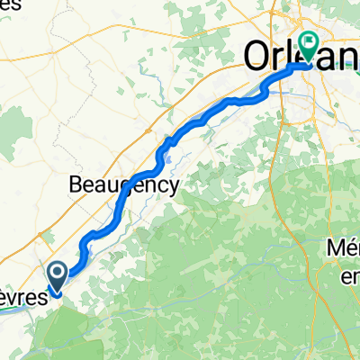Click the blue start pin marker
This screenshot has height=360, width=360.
(x=56, y=275)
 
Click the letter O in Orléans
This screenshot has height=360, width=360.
(x=255, y=57)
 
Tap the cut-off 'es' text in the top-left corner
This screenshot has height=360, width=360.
(x=9, y=6)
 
